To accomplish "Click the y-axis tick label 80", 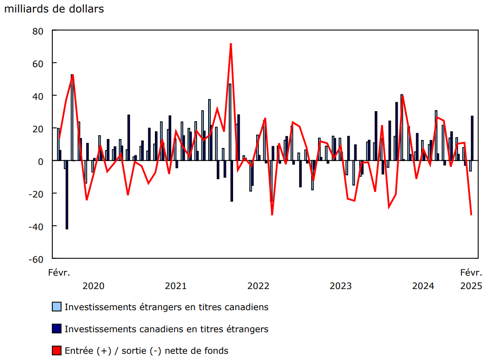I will pos(38,31).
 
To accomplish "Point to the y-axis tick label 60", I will pos(38,63).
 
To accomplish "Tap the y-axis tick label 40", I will pos(38,96).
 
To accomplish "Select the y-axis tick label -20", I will pos(36,194).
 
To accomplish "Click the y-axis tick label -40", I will pos(36,226).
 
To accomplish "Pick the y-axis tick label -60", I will pos(36,259).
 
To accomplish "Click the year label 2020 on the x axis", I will pos(94,286).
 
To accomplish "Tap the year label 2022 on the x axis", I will pos(259,286).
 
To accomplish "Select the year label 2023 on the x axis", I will pos(341,286).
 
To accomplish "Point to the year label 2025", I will pos(471,286).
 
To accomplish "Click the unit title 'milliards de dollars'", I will pos(54,9).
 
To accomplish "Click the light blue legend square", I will pos(57,307).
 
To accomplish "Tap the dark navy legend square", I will pos(57,329).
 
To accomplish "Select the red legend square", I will pos(57,351).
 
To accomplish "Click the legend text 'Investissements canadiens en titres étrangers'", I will pos(166,329).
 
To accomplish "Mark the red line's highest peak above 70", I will pos(231,44).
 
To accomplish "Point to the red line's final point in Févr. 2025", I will pos(471,215).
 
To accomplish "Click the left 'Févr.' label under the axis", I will pos(59,273).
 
